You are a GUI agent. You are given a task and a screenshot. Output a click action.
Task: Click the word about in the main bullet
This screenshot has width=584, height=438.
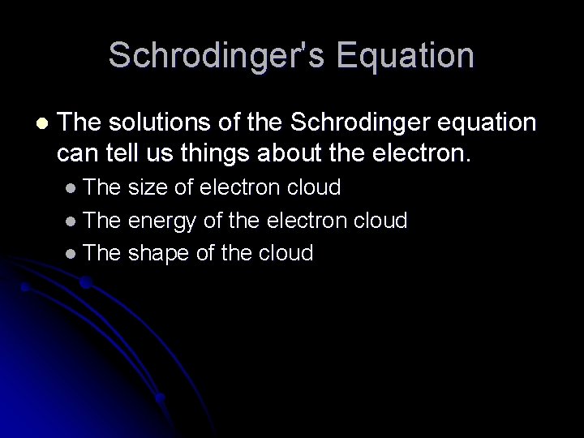pyautogui.click(x=275, y=151)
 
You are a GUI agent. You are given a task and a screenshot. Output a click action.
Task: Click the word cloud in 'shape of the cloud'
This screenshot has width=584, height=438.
pyautogui.click(x=284, y=253)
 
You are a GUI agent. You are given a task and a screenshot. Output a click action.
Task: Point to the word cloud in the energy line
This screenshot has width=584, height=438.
pyautogui.click(x=379, y=221)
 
